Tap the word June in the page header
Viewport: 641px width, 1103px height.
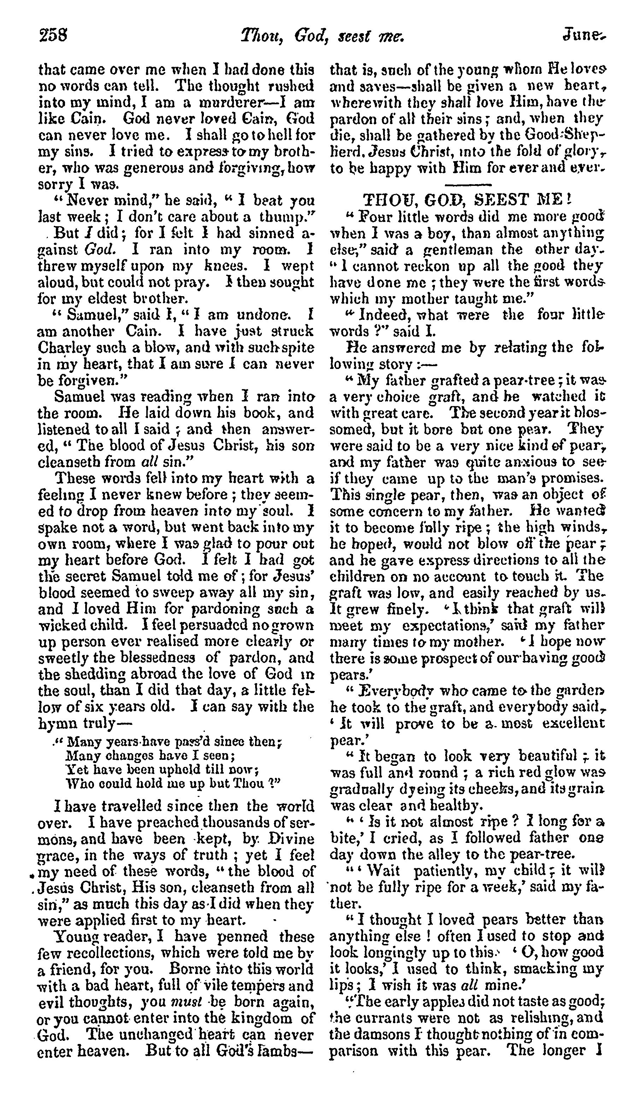pos(584,35)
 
